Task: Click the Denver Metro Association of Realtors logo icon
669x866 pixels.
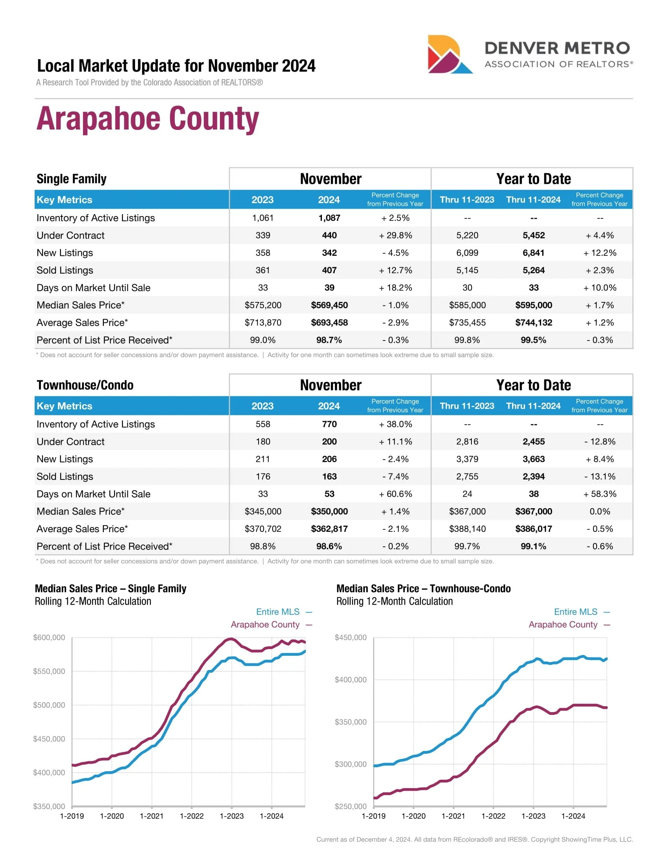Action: tap(449, 54)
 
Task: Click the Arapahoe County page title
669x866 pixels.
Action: tap(148, 118)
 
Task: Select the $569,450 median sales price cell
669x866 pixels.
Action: tap(329, 305)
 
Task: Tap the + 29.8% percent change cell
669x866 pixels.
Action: tap(395, 235)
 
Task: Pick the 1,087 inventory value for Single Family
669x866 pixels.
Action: tap(329, 218)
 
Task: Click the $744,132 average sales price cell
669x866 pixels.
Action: tap(534, 322)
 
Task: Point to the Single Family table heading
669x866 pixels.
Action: tap(71, 179)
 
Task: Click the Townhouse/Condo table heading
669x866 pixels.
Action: tap(85, 385)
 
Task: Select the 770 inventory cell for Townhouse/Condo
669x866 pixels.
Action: tap(329, 424)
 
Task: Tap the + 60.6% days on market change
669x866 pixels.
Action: tap(395, 494)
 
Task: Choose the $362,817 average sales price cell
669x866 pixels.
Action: tap(329, 529)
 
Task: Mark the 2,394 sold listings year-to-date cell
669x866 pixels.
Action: tap(534, 476)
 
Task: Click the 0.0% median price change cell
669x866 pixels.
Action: tap(600, 511)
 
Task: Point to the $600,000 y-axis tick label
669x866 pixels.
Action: tap(49, 637)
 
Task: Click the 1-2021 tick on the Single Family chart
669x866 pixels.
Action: tap(152, 816)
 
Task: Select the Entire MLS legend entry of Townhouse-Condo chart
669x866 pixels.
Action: tap(575, 612)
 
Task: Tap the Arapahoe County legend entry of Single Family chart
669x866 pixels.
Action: tap(265, 625)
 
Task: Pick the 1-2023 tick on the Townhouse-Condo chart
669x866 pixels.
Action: tap(533, 816)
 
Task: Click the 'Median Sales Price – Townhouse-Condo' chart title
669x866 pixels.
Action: tap(423, 588)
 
